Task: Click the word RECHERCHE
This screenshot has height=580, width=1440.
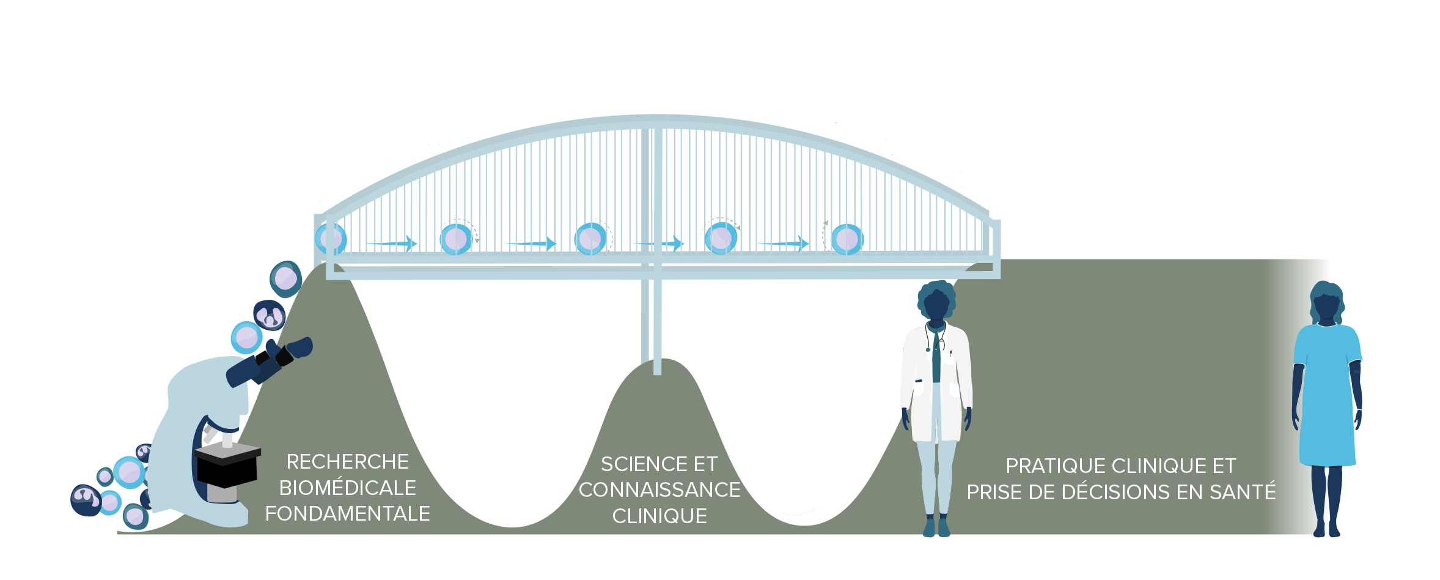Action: pos(347,462)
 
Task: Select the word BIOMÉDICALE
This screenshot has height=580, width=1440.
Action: pos(347,488)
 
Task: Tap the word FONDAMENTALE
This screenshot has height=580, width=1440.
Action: pos(347,514)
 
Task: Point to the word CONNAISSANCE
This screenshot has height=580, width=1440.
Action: pos(659,490)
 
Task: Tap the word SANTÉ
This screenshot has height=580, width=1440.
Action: pos(1246,492)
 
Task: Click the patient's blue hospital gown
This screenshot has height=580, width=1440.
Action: pos(1326,398)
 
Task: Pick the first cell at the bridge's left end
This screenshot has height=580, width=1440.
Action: pos(331,239)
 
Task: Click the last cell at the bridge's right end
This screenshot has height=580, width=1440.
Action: pos(847,239)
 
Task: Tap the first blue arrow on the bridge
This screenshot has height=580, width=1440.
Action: pos(391,244)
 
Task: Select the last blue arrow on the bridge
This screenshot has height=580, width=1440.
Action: pos(783,244)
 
